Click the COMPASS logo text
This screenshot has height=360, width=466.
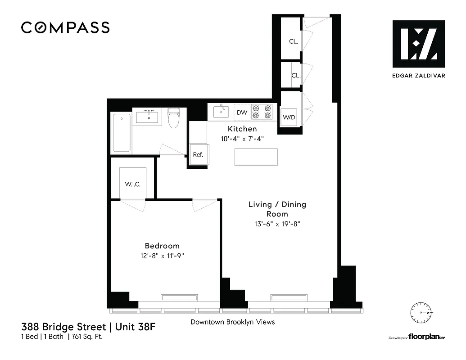65,28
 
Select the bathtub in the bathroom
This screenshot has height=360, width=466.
122,133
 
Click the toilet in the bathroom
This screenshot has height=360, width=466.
173,119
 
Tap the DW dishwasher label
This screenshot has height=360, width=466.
242,112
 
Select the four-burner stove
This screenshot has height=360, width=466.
262,112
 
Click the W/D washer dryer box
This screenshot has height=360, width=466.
289,117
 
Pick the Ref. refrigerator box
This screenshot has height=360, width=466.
198,154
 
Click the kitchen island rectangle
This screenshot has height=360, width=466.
256,157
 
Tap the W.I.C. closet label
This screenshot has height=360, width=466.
133,184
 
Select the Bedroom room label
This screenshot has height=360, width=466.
162,246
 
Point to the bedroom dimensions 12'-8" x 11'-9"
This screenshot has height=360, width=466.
162,256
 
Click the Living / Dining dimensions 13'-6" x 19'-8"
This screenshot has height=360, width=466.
277,224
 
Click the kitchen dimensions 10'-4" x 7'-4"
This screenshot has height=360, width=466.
242,139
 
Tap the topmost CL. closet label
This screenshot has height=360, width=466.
294,41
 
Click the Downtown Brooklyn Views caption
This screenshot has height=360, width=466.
232,322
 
